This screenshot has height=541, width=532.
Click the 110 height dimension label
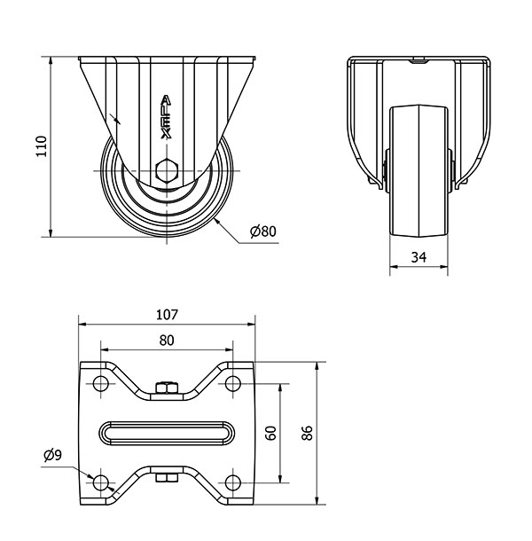point(42,146)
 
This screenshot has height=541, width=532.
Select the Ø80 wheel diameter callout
point(263,231)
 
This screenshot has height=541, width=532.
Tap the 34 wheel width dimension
point(419,257)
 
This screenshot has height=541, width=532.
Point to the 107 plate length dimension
point(167,315)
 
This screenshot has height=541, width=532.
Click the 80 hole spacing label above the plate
point(167,341)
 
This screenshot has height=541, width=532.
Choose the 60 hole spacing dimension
point(271,433)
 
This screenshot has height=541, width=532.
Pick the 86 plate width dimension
point(307,433)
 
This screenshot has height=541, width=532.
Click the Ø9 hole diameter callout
point(53,456)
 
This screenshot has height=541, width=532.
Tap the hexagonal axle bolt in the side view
point(167,169)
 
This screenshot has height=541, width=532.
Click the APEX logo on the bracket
point(167,117)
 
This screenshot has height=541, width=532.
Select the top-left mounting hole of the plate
point(100,383)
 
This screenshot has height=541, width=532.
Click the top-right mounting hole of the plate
point(233,383)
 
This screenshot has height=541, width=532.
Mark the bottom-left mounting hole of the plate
point(100,482)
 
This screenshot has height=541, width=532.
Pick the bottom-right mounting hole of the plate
point(233,482)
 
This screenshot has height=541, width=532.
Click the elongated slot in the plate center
point(167,433)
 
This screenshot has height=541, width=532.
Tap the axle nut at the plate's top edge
point(167,388)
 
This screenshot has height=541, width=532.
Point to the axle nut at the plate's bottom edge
point(167,477)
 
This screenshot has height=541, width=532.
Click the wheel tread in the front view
point(419,171)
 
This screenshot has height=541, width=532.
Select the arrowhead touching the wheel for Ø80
point(217,222)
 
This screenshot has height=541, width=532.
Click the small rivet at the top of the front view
point(419,60)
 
